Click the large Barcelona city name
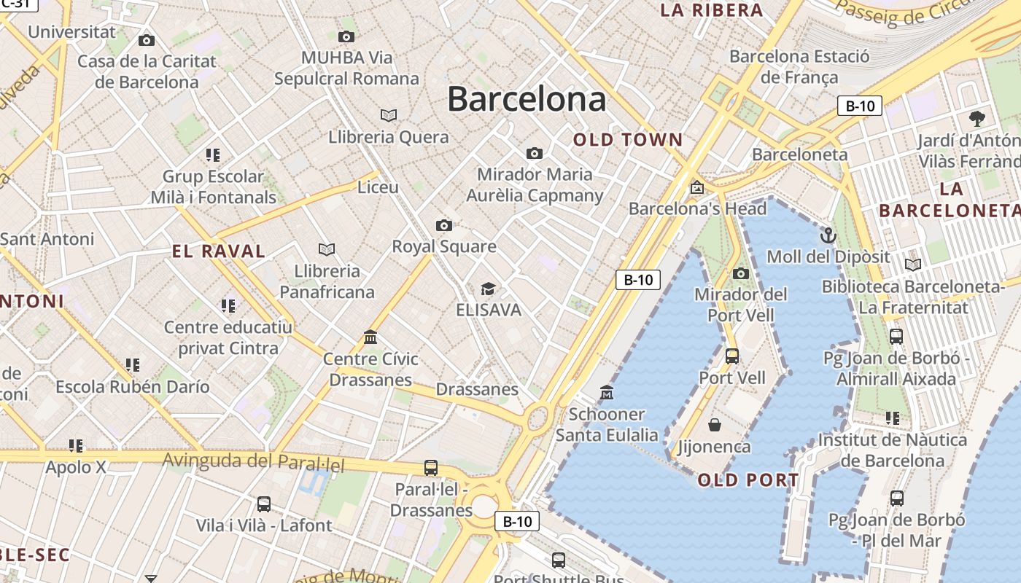tap(527, 99)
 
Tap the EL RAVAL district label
tap(219, 251)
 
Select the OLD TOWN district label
tap(628, 140)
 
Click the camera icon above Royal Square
tap(443, 225)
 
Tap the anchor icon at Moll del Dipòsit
tap(828, 235)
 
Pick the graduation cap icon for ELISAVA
tap(488, 289)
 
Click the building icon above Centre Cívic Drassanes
tap(370, 337)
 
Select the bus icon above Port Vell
tap(732, 356)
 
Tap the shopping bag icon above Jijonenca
tap(715, 424)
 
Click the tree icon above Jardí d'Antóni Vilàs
tap(977, 118)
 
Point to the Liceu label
tap(378, 187)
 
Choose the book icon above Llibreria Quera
tap(389, 115)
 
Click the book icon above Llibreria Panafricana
tap(327, 249)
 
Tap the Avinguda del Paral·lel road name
tap(253, 461)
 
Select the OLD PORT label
tap(748, 480)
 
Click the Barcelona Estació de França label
tap(799, 66)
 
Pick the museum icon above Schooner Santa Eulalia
tap(606, 393)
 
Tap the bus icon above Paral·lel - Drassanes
tap(431, 467)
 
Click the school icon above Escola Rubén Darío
tap(132, 364)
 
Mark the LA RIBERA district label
tap(711, 10)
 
